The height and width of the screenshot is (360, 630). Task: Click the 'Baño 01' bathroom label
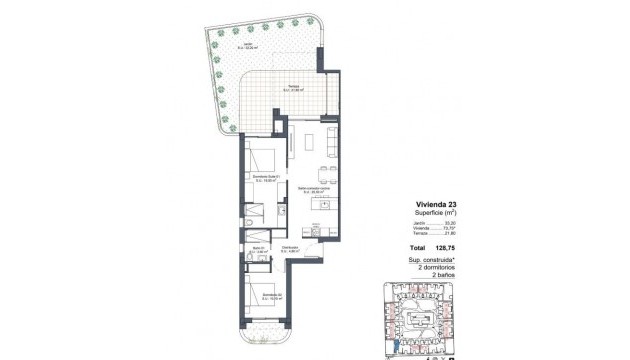pyautogui.click(x=257, y=249)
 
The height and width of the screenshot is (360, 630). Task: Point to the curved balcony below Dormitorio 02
pyautogui.click(x=262, y=334)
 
